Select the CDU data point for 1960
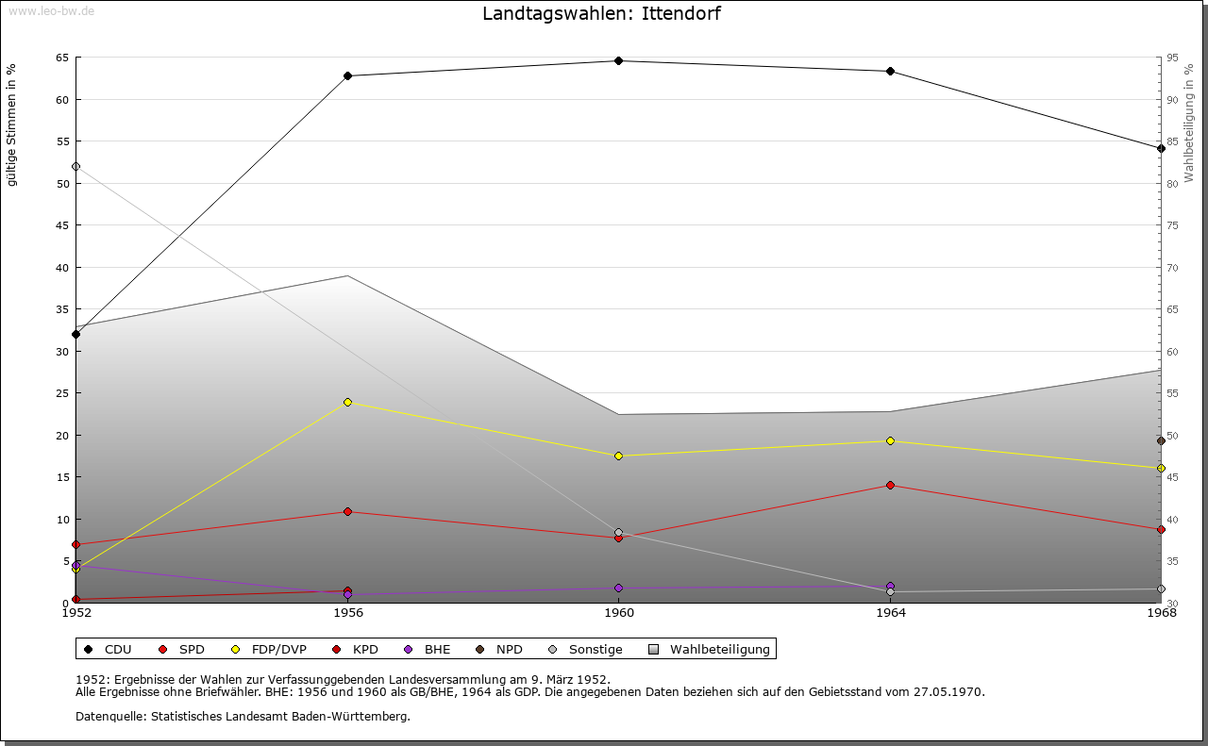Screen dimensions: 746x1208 pyautogui.click(x=618, y=60)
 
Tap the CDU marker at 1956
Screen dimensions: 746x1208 pyautogui.click(x=347, y=75)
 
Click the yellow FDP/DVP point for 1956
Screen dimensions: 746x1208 pyautogui.click(x=347, y=402)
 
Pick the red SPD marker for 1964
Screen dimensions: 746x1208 pyautogui.click(x=890, y=485)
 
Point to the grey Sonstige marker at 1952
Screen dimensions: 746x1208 pyautogui.click(x=75, y=167)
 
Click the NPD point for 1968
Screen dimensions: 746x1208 pyautogui.click(x=1161, y=440)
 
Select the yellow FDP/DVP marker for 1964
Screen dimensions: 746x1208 pyautogui.click(x=890, y=440)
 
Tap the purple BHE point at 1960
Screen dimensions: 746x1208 pyautogui.click(x=618, y=588)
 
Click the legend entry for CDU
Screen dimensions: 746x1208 pyautogui.click(x=109, y=649)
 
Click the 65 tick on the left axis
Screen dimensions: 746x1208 pyautogui.click(x=62, y=58)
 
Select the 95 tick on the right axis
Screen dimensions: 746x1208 pyautogui.click(x=1171, y=58)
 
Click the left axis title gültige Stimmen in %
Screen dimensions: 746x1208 pyautogui.click(x=11, y=124)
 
